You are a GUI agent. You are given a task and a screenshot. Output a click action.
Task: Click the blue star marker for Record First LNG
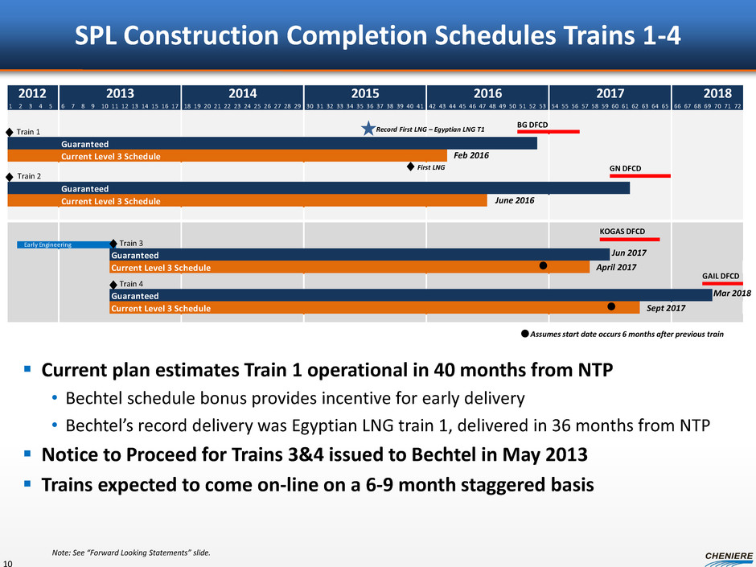pyautogui.click(x=368, y=129)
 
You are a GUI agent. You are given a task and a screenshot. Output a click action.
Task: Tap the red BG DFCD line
pyautogui.click(x=548, y=132)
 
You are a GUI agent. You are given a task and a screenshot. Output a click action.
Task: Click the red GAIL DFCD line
pyautogui.click(x=722, y=283)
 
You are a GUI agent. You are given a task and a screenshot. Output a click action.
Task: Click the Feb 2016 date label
pyautogui.click(x=471, y=155)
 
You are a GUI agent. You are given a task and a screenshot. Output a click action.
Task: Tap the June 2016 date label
pyautogui.click(x=512, y=200)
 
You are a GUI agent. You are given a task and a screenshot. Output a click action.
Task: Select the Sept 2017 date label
pyautogui.click(x=665, y=308)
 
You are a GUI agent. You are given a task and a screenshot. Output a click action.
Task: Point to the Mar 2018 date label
pyautogui.click(x=732, y=294)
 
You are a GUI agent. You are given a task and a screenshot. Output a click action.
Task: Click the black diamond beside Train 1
pyautogui.click(x=10, y=130)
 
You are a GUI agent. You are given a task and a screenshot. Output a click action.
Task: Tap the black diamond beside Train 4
pyautogui.click(x=113, y=284)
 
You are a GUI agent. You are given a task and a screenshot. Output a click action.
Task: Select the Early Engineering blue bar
pyautogui.click(x=63, y=244)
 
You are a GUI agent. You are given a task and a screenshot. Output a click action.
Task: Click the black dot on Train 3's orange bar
pyautogui.click(x=543, y=265)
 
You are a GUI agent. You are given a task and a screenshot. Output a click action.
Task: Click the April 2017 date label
pyautogui.click(x=616, y=267)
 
